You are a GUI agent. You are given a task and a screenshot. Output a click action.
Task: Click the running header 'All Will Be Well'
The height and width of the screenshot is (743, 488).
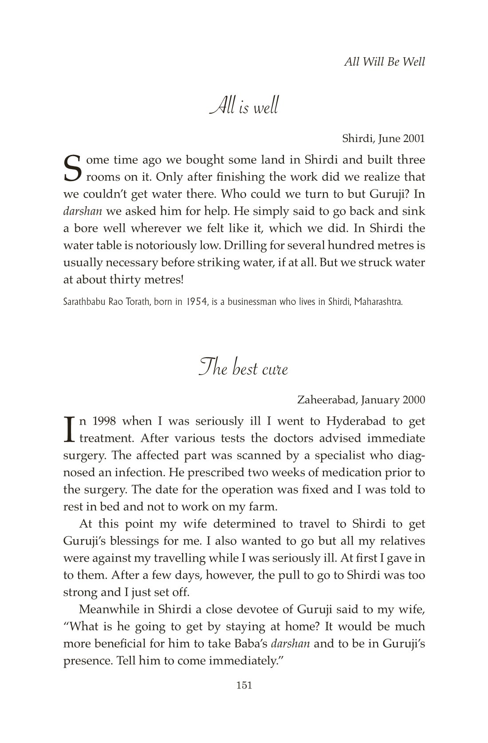click(384, 61)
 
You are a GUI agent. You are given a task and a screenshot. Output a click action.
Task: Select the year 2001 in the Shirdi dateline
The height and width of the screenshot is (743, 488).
click(413, 138)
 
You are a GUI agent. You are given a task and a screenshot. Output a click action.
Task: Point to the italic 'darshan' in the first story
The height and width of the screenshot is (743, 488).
click(83, 211)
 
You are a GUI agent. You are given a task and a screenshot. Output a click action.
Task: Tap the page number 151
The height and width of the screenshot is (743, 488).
click(244, 685)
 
